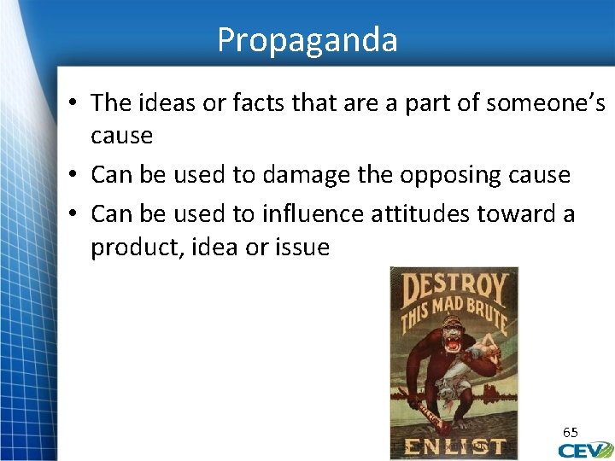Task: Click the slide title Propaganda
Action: tap(307, 39)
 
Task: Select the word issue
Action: tap(302, 248)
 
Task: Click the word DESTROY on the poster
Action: tap(454, 290)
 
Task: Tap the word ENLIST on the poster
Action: tap(454, 446)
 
